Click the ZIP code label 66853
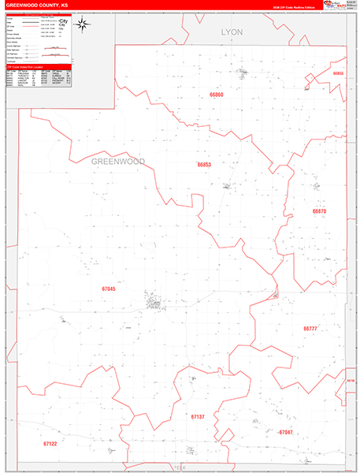coord(204,165)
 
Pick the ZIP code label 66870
coord(318,211)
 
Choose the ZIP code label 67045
coord(109,289)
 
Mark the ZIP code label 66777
coord(310,328)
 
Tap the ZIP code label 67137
coord(198,415)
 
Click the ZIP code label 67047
coord(285,432)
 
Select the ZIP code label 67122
coord(50,444)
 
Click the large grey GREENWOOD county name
coord(118,161)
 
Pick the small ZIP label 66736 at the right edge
coord(351,380)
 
